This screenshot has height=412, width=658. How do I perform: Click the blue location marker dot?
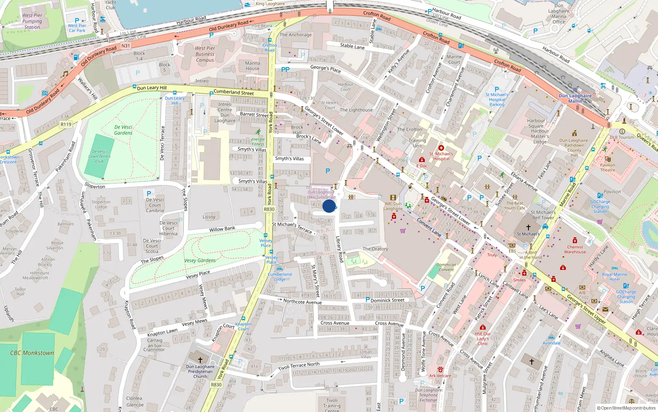tap(329, 206)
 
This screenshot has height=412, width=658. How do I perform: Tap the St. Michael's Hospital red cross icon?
tap(441, 148)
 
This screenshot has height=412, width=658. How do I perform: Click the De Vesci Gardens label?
tap(123, 130)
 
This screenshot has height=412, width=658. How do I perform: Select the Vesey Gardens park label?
tap(200, 260)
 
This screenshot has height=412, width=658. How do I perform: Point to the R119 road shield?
tap(66, 124)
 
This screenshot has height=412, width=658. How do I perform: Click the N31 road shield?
tap(126, 46)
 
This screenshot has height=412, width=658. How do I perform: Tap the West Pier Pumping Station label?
tap(32, 21)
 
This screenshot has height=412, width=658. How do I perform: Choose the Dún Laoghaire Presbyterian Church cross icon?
tap(200, 360)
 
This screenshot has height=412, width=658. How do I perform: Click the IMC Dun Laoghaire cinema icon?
tap(393, 198)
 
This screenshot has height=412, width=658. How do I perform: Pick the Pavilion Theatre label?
tap(607, 167)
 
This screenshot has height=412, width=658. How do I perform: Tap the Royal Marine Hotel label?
tap(614, 277)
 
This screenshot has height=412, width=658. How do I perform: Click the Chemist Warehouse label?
tap(575, 249)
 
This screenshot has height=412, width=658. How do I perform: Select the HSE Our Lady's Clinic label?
tap(483, 339)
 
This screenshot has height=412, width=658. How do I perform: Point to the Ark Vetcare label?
tap(440, 376)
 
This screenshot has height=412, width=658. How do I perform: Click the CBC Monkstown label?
tap(32, 353)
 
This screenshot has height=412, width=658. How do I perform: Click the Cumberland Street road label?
tap(234, 92)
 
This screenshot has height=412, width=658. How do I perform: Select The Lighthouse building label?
tap(356, 110)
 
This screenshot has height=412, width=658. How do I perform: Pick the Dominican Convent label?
tap(446, 267)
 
